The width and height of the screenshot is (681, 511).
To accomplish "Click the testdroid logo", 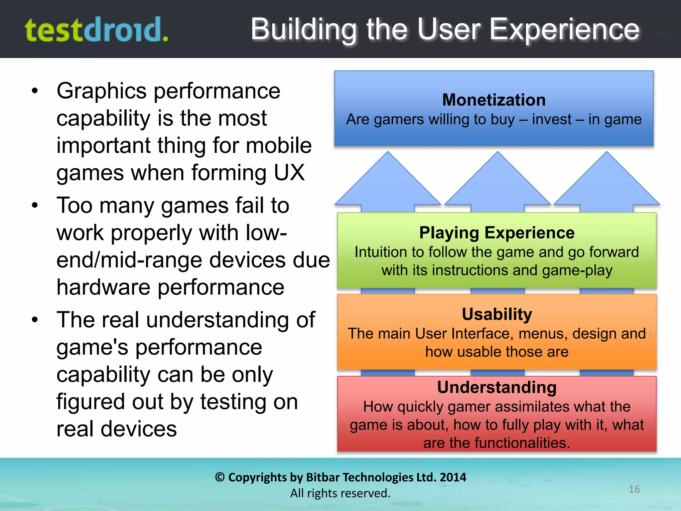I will click(96, 30).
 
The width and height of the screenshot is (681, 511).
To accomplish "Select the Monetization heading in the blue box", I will click(494, 100).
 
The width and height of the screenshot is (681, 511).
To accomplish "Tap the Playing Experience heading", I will click(497, 233).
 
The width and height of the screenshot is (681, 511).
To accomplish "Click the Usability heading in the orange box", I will click(497, 314).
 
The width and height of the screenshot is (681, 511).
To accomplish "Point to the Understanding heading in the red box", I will click(497, 387).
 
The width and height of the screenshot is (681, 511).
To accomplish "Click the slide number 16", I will click(634, 489).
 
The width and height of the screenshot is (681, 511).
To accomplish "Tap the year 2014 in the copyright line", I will click(453, 477).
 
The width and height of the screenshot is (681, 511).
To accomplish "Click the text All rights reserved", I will click(340, 493).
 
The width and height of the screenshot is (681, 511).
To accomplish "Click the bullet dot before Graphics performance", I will click(35, 91).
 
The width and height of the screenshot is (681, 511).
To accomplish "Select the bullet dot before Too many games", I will click(35, 205).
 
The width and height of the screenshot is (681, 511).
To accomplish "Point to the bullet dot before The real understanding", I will click(35, 320).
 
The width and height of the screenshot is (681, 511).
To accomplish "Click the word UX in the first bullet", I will click(289, 173).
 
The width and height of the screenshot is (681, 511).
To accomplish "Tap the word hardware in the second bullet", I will click(103, 287).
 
